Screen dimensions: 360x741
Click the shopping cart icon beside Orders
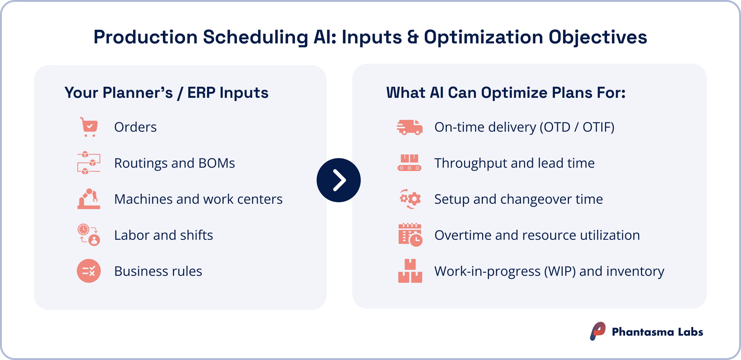[x=89, y=127]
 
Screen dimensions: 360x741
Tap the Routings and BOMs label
[x=174, y=163]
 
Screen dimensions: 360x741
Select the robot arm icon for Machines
[x=89, y=199]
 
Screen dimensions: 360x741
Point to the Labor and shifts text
[x=163, y=235]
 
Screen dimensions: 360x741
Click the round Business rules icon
[x=89, y=271]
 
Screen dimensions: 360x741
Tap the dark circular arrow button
[x=338, y=180]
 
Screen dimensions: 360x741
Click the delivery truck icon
[x=410, y=127]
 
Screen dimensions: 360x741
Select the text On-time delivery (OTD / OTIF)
[x=524, y=127]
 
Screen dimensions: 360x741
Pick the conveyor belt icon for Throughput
[x=409, y=163]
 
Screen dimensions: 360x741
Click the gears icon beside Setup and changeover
[x=410, y=199]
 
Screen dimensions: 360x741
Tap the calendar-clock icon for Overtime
[x=410, y=235]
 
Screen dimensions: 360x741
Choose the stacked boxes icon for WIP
[x=410, y=271]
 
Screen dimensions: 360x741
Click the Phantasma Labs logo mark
[x=598, y=331]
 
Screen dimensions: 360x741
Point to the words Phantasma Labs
[x=657, y=332]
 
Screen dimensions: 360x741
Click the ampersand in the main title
[x=413, y=37]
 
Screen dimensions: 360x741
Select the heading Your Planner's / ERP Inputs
[x=166, y=93]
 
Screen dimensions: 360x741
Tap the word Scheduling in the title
[x=255, y=37]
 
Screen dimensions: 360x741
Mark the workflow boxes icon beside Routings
[x=89, y=163]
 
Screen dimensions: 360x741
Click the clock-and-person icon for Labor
[x=89, y=235]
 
